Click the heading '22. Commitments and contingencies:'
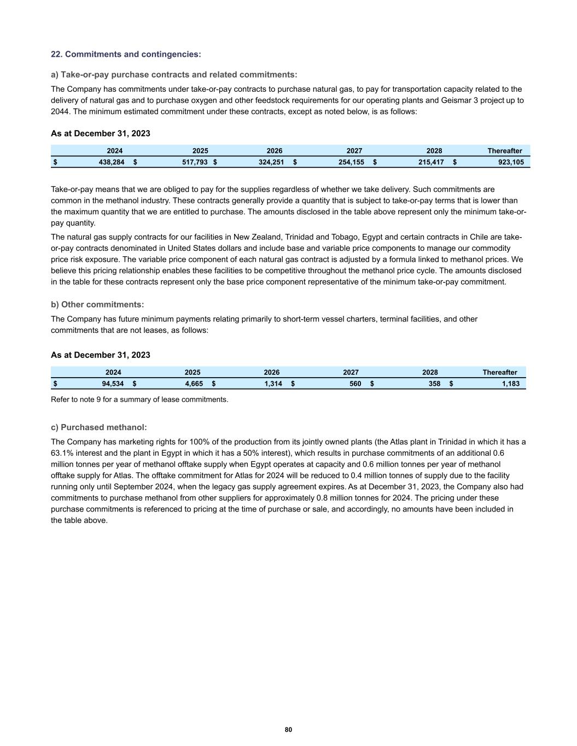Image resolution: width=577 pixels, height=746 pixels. pos(126,54)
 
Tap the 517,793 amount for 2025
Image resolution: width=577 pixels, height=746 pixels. pos(195,162)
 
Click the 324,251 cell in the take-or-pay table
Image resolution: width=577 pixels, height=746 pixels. pos(271,162)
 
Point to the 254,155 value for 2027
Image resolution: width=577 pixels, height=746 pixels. pos(351,162)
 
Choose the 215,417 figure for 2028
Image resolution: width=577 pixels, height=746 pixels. pos(430,162)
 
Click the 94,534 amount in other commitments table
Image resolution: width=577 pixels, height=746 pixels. pos(113,384)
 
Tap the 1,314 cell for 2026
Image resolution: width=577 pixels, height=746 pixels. pos(273,384)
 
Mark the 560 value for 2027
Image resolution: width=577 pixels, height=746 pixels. pos(355,384)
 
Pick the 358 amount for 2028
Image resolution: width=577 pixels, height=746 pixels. pos(434,384)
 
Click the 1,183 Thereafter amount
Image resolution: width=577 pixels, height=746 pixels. pos(510,384)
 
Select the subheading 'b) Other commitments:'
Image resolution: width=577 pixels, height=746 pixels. pos(97,304)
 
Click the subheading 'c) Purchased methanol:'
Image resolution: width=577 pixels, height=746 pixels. pos(98,427)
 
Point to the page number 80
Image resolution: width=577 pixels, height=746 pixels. pos(288,730)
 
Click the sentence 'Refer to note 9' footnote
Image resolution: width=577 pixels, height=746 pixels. pos(139,400)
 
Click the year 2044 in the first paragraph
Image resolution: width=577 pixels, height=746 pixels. pos(60,111)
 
